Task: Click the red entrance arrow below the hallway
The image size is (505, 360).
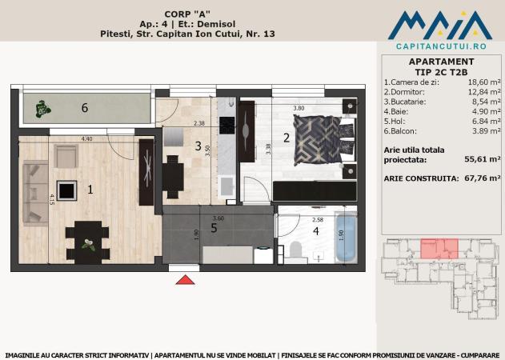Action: [185, 280]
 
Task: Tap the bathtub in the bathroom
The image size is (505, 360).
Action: [346, 237]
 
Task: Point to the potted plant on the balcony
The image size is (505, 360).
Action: [42, 109]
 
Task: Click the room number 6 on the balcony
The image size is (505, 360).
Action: [85, 107]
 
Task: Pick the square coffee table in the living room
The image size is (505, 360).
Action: [66, 190]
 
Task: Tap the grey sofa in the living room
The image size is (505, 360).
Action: [35, 193]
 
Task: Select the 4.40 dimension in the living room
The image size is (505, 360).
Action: [86, 138]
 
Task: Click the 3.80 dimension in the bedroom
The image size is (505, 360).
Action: [299, 108]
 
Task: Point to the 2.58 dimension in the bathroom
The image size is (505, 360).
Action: [318, 220]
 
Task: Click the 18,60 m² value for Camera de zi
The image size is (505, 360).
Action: [484, 82]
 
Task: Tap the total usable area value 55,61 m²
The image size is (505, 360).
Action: [483, 159]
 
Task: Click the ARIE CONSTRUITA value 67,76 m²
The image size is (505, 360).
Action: [483, 178]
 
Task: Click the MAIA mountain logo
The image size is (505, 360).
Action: [440, 25]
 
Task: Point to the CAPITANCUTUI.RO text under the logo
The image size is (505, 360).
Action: [441, 46]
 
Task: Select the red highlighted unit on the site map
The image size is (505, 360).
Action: [439, 249]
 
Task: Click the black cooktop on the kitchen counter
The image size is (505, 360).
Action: [226, 126]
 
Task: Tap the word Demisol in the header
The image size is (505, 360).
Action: [216, 24]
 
